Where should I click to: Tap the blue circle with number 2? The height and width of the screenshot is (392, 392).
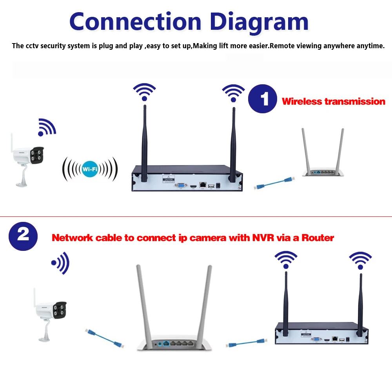coord(23,235)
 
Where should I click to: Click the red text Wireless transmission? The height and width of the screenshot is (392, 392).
coord(333,102)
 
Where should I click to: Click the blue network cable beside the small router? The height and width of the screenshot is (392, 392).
coord(274,183)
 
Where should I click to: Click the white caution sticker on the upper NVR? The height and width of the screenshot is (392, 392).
coord(168,180)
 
